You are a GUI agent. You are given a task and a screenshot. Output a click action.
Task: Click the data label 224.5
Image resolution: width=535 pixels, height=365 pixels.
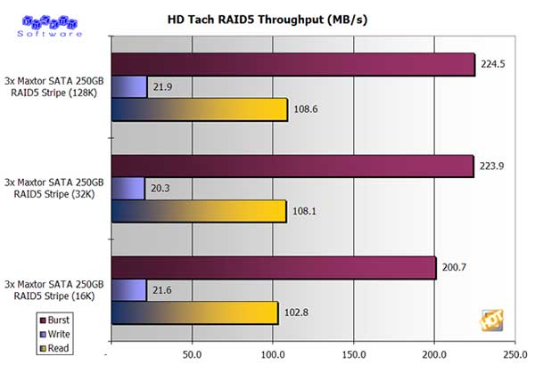click(x=492, y=64)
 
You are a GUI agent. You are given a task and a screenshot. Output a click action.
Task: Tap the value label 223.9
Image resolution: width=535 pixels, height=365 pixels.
click(x=491, y=166)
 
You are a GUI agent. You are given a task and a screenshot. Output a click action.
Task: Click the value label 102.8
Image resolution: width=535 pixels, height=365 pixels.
click(x=297, y=312)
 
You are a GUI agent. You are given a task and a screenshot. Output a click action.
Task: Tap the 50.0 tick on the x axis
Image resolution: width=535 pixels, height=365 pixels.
click(x=192, y=353)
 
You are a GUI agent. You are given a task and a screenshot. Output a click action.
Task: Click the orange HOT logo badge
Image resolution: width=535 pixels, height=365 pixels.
click(x=490, y=319)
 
